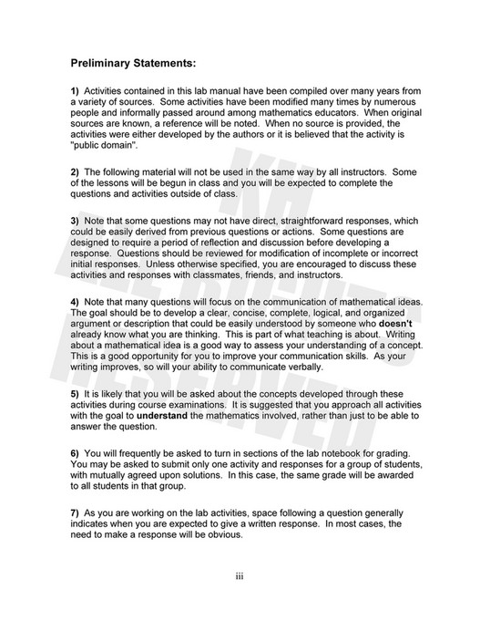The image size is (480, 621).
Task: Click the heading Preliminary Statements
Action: pos(133,65)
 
